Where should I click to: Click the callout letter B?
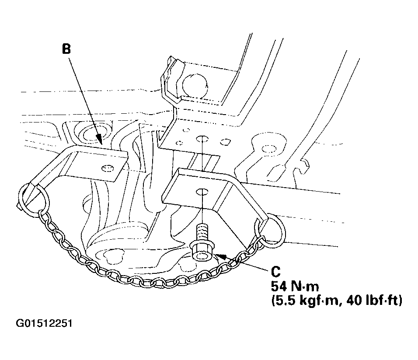click(66, 49)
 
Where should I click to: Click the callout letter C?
click(276, 272)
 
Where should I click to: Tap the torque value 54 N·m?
click(295, 287)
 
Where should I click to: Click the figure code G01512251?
click(44, 323)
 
